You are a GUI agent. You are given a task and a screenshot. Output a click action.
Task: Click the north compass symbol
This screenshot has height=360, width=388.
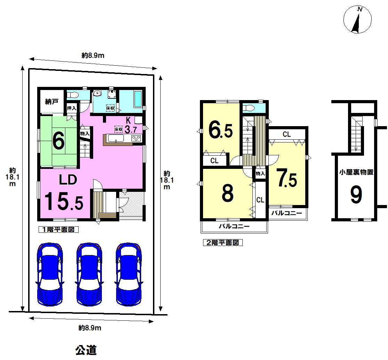[x=357, y=20]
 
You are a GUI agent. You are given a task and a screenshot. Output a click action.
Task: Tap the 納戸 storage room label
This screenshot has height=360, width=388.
[x=52, y=101]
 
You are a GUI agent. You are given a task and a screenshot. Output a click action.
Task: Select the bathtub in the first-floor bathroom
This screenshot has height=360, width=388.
[x=138, y=99]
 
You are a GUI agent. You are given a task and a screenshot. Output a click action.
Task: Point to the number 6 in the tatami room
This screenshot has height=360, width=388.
[x=59, y=141]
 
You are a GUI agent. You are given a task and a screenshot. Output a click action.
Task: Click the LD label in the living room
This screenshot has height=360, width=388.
[x=68, y=180]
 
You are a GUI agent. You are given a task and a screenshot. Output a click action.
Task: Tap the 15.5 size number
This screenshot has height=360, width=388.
[x=64, y=201]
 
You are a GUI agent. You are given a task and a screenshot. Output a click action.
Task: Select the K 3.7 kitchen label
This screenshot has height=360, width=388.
[x=130, y=125]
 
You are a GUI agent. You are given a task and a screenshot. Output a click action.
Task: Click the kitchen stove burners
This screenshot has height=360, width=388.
[x=136, y=138]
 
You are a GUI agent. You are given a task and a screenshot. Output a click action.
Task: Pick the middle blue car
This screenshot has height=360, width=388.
[x=89, y=274]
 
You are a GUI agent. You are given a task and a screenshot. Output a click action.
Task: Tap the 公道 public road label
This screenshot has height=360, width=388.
[x=86, y=350]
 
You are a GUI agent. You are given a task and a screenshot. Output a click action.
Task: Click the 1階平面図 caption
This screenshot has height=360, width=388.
[x=59, y=229]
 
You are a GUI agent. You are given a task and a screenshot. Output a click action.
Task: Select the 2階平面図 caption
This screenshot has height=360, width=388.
[x=223, y=243]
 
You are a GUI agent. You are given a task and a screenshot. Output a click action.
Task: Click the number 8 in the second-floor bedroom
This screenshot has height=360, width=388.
[x=228, y=193]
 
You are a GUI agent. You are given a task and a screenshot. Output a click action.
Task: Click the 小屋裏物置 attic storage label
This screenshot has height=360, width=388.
[x=356, y=172]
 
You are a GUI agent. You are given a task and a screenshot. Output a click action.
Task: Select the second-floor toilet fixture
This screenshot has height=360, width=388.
[x=249, y=108]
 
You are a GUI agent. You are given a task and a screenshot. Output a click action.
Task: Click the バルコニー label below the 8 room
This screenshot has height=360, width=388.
[x=234, y=226]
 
